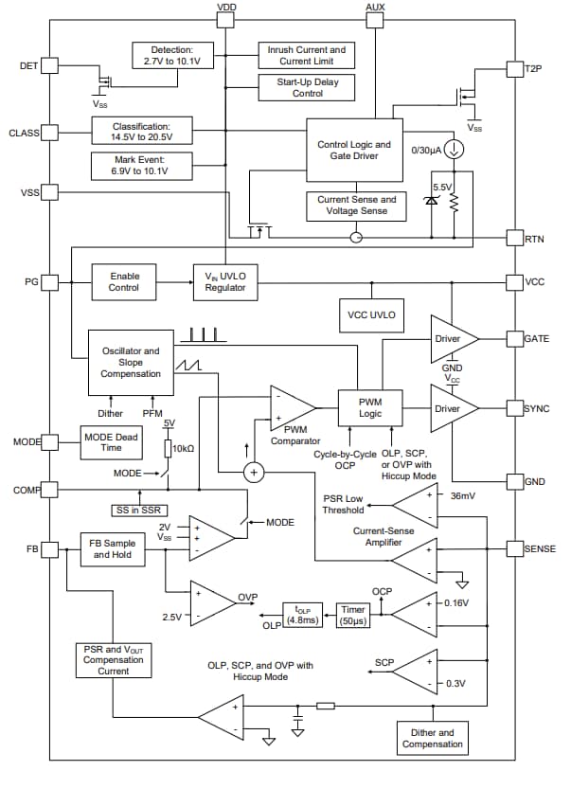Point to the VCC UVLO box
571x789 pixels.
pyautogui.click(x=370, y=314)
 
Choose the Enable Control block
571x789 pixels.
pyautogui.click(x=124, y=281)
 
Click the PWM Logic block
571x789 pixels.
pyautogui.click(x=371, y=407)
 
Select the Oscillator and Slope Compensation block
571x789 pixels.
pyautogui.click(x=131, y=362)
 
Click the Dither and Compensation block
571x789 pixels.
pyautogui.click(x=433, y=738)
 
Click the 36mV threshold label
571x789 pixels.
pyautogui.click(x=463, y=494)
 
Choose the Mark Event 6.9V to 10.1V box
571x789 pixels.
pyautogui.click(x=141, y=166)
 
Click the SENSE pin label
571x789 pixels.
pyautogui.click(x=541, y=548)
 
